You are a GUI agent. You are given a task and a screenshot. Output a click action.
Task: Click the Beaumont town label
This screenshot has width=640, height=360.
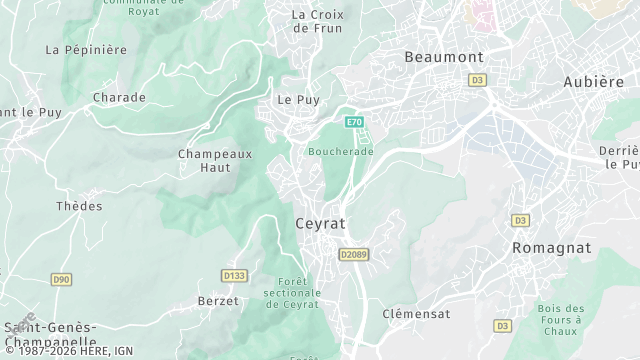(444, 57)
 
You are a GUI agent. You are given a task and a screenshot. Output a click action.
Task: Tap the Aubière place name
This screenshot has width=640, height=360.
(593, 81)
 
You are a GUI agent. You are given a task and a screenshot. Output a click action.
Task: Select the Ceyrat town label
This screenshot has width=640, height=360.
(321, 224)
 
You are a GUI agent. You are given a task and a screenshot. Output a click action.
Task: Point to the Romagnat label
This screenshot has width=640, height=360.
(551, 247)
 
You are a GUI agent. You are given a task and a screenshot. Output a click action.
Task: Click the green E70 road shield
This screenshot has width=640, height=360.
(354, 122)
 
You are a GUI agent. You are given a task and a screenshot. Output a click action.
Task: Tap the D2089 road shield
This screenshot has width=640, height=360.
(354, 255)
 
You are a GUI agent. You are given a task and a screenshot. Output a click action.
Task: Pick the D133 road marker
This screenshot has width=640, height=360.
(234, 275)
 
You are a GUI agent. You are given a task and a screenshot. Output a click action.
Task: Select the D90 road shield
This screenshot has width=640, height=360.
(62, 280)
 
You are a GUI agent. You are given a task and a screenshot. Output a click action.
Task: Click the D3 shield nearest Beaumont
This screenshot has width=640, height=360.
(477, 79)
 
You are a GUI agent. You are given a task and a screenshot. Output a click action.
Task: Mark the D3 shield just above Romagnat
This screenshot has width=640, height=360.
(520, 220)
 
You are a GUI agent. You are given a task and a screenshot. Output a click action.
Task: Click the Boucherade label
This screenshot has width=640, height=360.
(340, 151)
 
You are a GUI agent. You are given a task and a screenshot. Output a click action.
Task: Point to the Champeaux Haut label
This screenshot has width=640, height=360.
(215, 160)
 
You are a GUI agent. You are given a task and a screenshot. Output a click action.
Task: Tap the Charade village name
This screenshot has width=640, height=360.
(119, 97)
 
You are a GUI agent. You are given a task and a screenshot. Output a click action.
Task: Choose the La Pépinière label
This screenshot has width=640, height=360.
(87, 49)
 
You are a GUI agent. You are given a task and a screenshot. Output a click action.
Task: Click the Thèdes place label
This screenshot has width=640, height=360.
(79, 206)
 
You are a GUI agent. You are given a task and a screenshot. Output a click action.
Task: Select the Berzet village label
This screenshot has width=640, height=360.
(218, 301)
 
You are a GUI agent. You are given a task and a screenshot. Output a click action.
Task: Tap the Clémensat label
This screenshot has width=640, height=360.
(416, 313)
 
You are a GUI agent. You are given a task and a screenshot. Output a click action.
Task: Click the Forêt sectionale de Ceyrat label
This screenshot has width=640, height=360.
(291, 293)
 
